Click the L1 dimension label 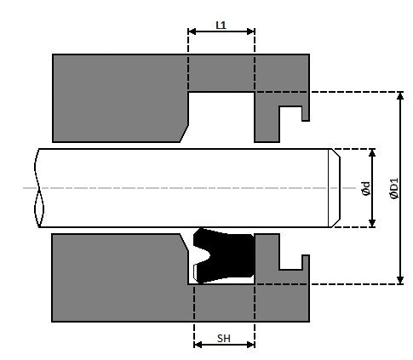[221, 25]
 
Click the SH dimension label [224, 338]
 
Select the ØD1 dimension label [393, 188]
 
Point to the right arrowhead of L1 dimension [251, 31]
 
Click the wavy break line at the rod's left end [37, 188]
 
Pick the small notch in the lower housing [290, 261]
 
